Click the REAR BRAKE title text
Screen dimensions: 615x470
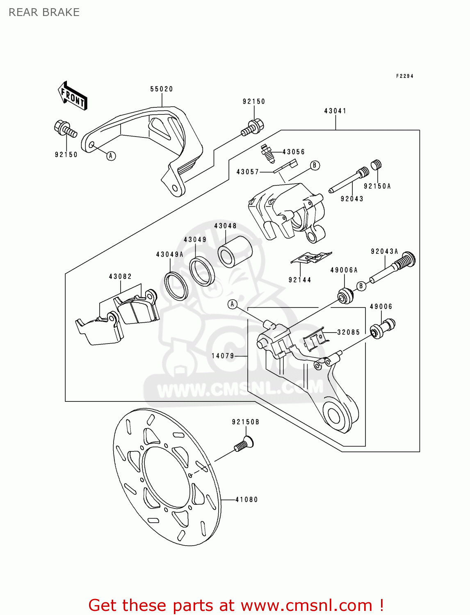tap(44, 12)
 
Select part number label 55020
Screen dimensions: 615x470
tap(162, 89)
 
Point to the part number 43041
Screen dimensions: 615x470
tap(335, 111)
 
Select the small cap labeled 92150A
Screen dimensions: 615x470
tap(376, 165)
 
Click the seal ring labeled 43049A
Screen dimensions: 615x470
tap(176, 285)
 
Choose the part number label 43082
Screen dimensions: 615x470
tap(120, 276)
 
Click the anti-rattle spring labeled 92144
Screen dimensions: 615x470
tap(311, 257)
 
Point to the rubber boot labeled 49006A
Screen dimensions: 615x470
tap(345, 296)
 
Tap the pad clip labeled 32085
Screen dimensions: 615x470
tap(315, 340)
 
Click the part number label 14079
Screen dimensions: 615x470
tap(223, 356)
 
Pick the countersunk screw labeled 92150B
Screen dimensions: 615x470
tap(244, 444)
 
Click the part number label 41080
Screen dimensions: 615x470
tap(246, 499)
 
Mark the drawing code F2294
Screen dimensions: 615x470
tap(404, 76)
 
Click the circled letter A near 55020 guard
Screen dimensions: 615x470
tap(111, 156)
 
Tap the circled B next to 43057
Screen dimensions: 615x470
tap(315, 165)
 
